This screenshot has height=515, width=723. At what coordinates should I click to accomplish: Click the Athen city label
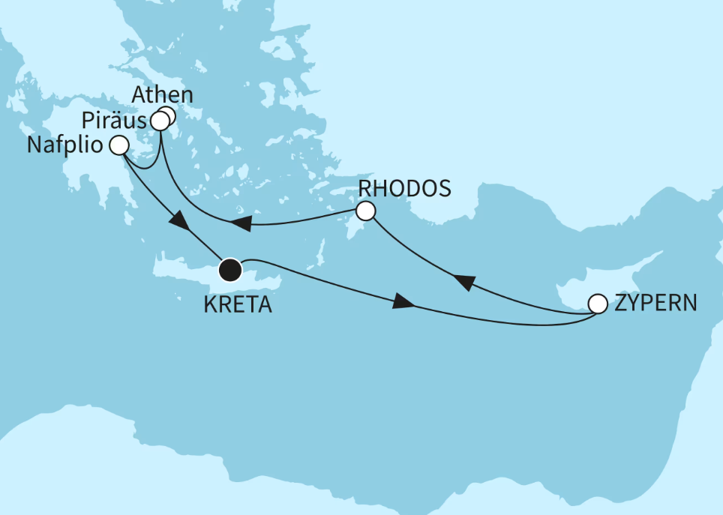[x=162, y=96]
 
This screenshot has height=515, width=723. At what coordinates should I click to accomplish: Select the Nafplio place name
[x=65, y=145]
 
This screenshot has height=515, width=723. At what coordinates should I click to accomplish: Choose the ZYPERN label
[x=655, y=304]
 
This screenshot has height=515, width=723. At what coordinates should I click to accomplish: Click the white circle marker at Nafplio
[x=118, y=145]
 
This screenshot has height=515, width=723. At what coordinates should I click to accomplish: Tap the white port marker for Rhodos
[x=365, y=211]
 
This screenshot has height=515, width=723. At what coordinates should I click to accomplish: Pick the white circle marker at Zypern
[x=598, y=304]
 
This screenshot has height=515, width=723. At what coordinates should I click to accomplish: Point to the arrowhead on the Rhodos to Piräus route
[x=241, y=223]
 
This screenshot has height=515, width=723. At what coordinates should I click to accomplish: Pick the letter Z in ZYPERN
[x=619, y=304]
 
